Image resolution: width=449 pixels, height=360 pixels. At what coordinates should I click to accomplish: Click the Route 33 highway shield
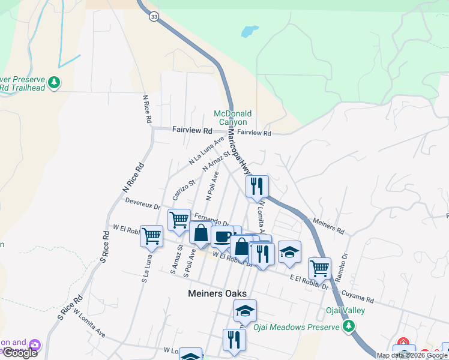coord(154,17)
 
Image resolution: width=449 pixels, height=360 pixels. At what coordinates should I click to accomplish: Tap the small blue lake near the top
coord(249,30)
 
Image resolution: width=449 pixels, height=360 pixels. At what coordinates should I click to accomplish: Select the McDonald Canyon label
coord(233,118)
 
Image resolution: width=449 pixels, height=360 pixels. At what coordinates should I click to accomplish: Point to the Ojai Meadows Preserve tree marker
coord(348,326)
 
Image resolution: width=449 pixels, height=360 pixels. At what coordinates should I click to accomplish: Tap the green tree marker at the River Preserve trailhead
coord(54,82)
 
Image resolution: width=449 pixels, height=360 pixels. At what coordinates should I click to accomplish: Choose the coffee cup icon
coord(222,236)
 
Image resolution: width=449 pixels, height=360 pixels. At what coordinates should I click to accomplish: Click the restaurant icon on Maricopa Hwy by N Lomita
coord(256,187)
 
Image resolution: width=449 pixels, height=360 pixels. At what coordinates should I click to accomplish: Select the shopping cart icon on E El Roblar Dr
coord(319,268)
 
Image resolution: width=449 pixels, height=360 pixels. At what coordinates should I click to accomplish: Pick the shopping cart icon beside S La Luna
coord(152,236)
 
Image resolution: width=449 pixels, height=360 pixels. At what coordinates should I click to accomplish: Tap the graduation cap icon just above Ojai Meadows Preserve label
coord(245,311)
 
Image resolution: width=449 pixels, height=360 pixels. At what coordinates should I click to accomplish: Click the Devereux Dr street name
coord(143,205)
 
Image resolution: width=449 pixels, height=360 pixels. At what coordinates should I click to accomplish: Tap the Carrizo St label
coord(184,190)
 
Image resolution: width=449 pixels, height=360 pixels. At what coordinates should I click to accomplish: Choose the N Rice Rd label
coord(146,109)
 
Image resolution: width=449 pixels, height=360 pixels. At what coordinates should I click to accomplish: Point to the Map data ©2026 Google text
coord(411,355)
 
